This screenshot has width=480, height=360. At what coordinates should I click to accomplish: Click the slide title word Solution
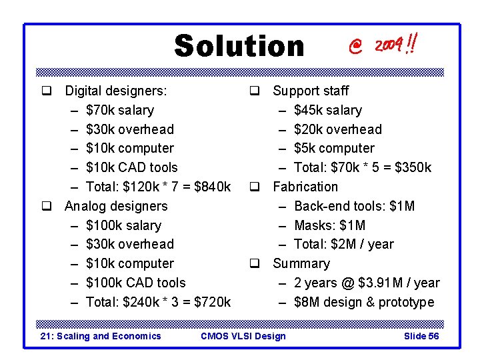click(x=239, y=47)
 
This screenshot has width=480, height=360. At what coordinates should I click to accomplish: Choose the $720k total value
click(x=212, y=302)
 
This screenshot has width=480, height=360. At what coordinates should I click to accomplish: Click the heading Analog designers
click(x=116, y=206)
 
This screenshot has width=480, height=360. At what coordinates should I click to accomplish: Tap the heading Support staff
click(x=311, y=91)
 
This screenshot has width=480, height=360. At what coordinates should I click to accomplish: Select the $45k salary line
click(x=328, y=110)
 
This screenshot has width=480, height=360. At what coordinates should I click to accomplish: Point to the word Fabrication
click(x=305, y=187)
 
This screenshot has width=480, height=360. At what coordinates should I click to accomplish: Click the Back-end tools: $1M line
click(x=354, y=206)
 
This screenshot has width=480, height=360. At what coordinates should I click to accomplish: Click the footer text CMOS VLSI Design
click(x=243, y=336)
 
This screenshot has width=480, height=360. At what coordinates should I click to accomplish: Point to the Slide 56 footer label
click(x=421, y=336)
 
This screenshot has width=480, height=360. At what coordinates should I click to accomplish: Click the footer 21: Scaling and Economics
click(x=101, y=336)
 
